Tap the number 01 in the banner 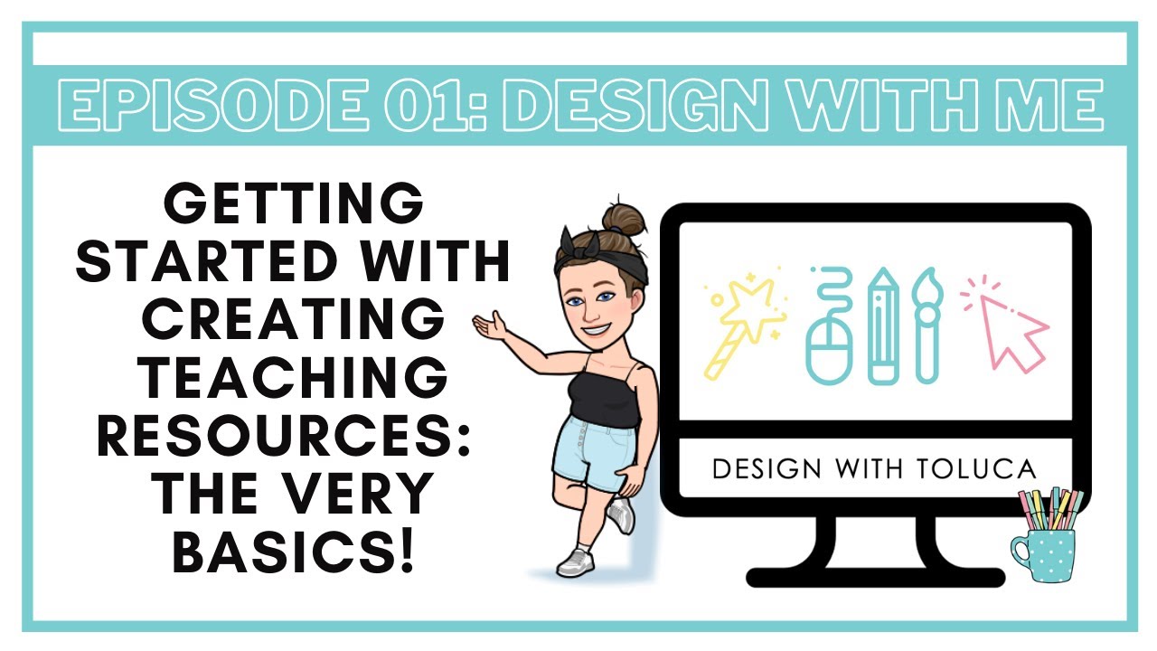(x=421, y=105)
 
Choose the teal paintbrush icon (x=927, y=325)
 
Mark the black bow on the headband (x=569, y=243)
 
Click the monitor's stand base (x=875, y=576)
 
